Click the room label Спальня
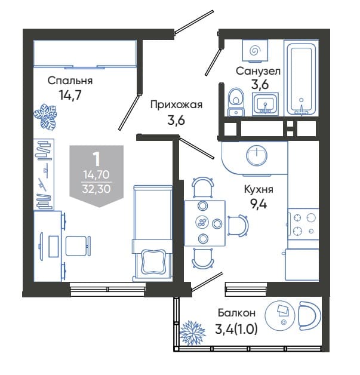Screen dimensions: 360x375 pos(70,81)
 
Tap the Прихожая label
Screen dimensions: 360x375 pos(176,105)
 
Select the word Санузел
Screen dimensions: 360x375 pos(258,71)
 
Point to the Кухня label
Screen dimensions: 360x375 pos(259,189)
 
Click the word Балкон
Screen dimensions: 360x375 pos(236,313)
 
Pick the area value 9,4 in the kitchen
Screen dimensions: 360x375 pos(259,204)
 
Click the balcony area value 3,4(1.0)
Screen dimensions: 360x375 pos(236,329)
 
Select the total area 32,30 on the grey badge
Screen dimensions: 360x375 pos(96,189)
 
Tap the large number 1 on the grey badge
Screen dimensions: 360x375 pos(97,159)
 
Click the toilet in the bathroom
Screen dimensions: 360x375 pos(236,102)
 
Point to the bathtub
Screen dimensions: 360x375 pos(301,78)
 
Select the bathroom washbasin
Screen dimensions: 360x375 pos(265,104)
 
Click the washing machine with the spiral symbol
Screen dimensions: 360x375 pos(255,51)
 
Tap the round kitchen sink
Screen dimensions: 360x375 pos(257,155)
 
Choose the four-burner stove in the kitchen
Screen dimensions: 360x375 pos(303,225)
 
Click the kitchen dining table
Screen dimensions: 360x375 pos(205,223)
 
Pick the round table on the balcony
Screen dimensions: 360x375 pos(280,315)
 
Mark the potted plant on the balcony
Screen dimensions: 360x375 pos(192,333)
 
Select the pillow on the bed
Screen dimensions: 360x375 pos(153,262)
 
